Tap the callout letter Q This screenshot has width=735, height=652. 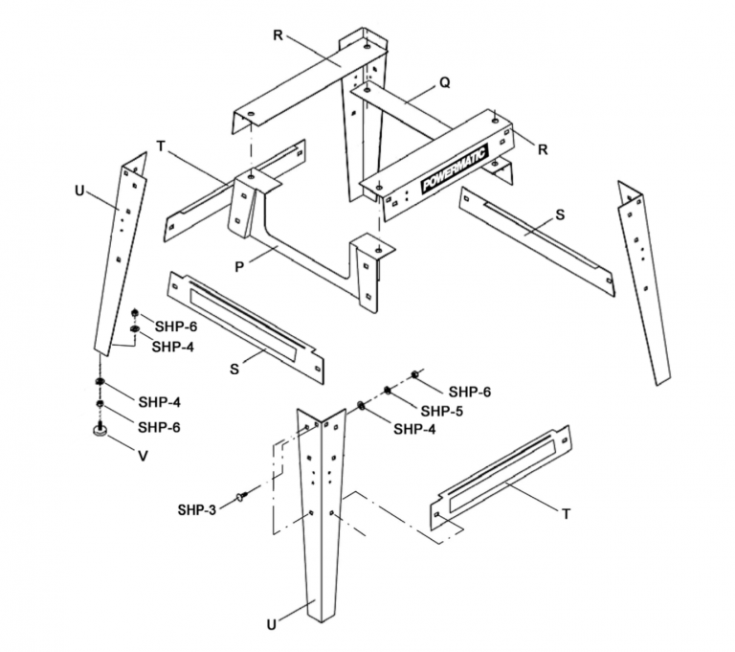443,82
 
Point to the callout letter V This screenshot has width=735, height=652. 143,457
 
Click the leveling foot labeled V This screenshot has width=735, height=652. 99,433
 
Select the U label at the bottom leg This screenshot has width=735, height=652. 274,624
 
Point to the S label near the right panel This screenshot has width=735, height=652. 561,215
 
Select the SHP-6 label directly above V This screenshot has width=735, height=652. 160,427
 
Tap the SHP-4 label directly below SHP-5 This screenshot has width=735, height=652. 413,430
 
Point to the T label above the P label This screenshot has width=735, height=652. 161,146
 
